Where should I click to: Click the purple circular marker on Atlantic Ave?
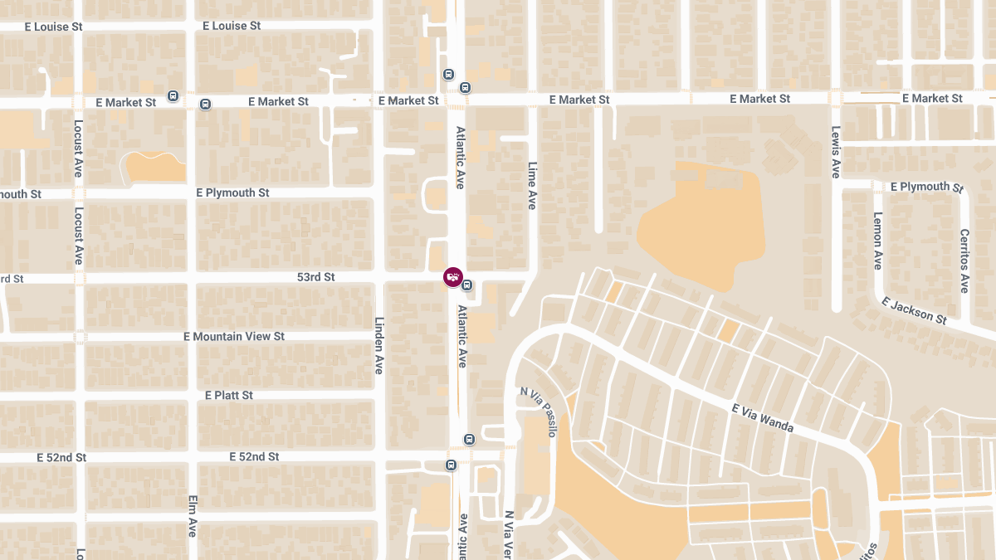pos(452,277)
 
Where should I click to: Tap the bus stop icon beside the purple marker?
pos(467,286)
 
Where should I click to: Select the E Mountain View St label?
pos(234,336)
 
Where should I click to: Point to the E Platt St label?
pos(229,395)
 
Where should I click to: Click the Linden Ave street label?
pos(378,345)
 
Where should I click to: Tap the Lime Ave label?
pos(532,185)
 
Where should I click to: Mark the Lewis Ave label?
pos(836,152)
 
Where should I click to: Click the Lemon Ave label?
pos(877,241)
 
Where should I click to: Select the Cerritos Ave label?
pos(964,261)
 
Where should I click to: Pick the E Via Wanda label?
pos(763,418)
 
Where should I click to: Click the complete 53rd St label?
pos(315,277)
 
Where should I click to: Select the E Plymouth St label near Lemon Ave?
pos(926,187)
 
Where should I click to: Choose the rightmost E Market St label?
pos(932,98)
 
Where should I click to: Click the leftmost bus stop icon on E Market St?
pos(173,95)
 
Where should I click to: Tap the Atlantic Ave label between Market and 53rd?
pos(460,158)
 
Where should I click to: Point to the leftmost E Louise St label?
pos(54,26)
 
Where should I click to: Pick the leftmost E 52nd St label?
pos(61,457)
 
